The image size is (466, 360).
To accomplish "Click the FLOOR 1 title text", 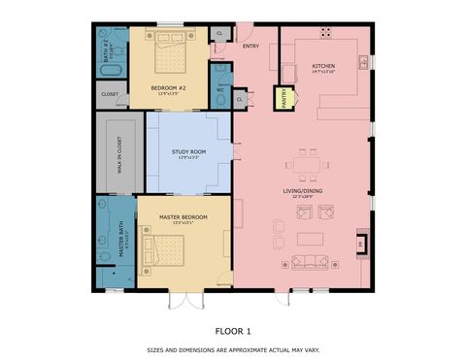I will click(x=233, y=329).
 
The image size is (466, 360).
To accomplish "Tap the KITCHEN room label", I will click(x=296, y=66).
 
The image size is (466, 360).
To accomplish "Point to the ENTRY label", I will click(x=250, y=46).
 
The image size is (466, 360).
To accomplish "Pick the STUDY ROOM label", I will click(x=187, y=152).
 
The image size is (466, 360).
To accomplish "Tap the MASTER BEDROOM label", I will click(x=182, y=216).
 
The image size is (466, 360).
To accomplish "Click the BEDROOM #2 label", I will click(x=170, y=88).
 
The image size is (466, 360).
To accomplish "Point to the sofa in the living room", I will click(x=310, y=261).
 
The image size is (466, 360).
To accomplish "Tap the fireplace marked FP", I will click(x=362, y=245).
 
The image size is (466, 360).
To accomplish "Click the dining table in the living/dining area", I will click(x=307, y=161).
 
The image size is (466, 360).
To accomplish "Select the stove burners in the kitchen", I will click(x=324, y=32).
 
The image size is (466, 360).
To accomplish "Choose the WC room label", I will click(x=220, y=90).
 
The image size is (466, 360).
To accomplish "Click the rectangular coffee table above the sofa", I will click(x=311, y=238).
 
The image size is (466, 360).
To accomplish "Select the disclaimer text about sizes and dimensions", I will click(x=233, y=349).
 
